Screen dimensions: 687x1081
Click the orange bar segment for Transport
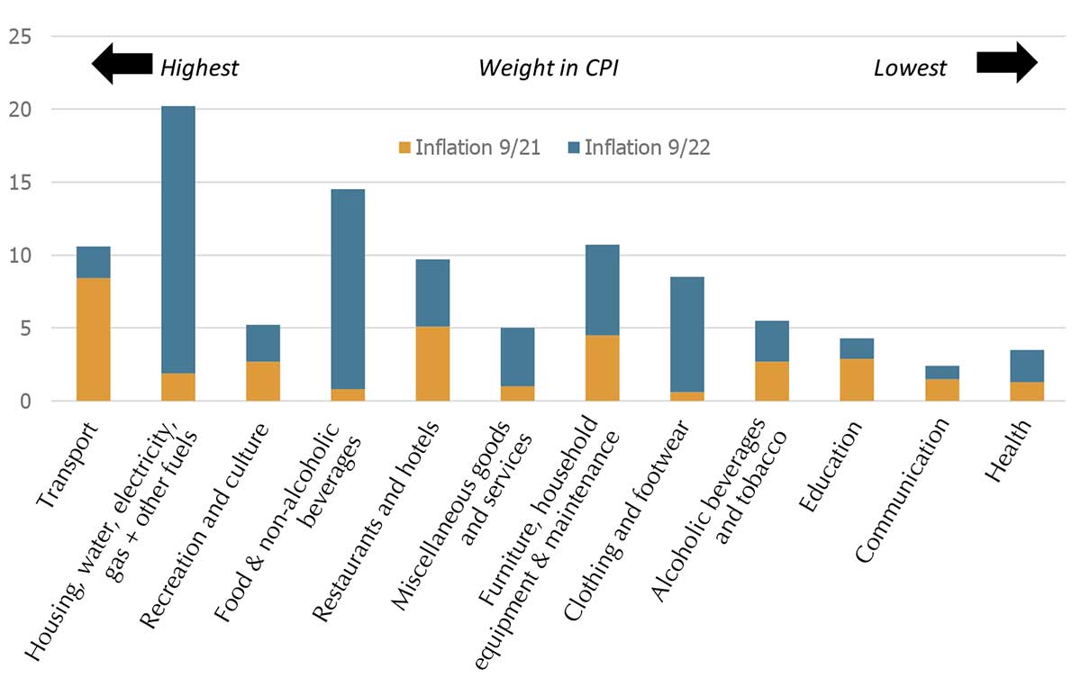click(93, 339)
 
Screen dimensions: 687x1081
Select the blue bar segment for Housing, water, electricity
click(177, 240)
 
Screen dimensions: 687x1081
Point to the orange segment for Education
click(856, 379)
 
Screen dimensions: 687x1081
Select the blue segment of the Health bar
click(1026, 366)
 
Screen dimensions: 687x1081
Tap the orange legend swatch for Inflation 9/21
click(404, 148)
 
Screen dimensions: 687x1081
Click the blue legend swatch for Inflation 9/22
click(573, 148)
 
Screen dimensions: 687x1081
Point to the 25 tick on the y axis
click(20, 37)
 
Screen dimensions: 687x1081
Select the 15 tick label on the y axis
click(20, 183)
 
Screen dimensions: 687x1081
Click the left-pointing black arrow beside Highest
click(123, 64)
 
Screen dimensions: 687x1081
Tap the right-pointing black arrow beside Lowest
click(1007, 63)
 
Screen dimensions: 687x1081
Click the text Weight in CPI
click(548, 68)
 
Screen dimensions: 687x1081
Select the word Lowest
click(910, 68)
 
